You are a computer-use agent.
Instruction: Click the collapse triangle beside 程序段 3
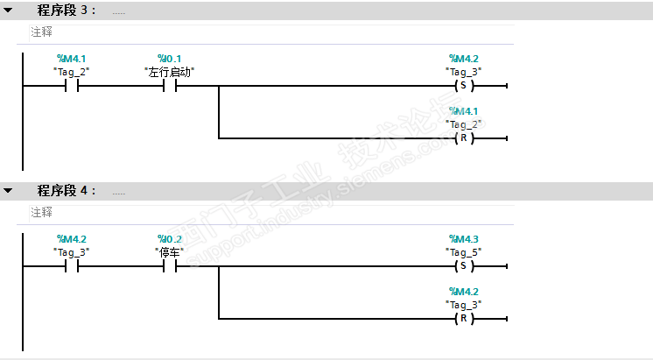click(x=8, y=10)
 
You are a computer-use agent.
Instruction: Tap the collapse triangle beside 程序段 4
click(x=8, y=190)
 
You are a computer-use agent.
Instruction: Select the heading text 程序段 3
click(x=67, y=10)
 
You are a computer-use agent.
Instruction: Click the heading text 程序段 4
click(x=67, y=190)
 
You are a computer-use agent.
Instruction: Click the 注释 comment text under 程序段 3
click(x=41, y=32)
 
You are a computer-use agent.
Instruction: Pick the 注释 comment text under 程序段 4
click(x=41, y=212)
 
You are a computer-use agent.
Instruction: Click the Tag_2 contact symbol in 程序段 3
click(x=72, y=86)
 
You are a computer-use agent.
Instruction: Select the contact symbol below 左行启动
click(x=170, y=86)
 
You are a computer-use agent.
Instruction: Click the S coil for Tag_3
click(x=464, y=86)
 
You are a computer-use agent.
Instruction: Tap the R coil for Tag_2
click(x=464, y=138)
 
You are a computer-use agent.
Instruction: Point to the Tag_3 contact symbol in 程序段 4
click(x=72, y=265)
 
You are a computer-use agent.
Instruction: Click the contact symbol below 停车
click(x=170, y=265)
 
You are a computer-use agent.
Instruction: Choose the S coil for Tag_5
click(x=464, y=265)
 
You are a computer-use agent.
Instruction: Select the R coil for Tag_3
click(x=464, y=319)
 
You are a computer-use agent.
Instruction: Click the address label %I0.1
click(x=169, y=59)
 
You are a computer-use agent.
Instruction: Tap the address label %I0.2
click(x=170, y=239)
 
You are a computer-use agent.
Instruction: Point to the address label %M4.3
click(x=464, y=239)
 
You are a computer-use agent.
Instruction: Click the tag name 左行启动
click(x=170, y=72)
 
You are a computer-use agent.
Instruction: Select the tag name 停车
click(x=170, y=252)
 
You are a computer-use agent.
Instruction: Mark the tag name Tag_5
click(x=464, y=252)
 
